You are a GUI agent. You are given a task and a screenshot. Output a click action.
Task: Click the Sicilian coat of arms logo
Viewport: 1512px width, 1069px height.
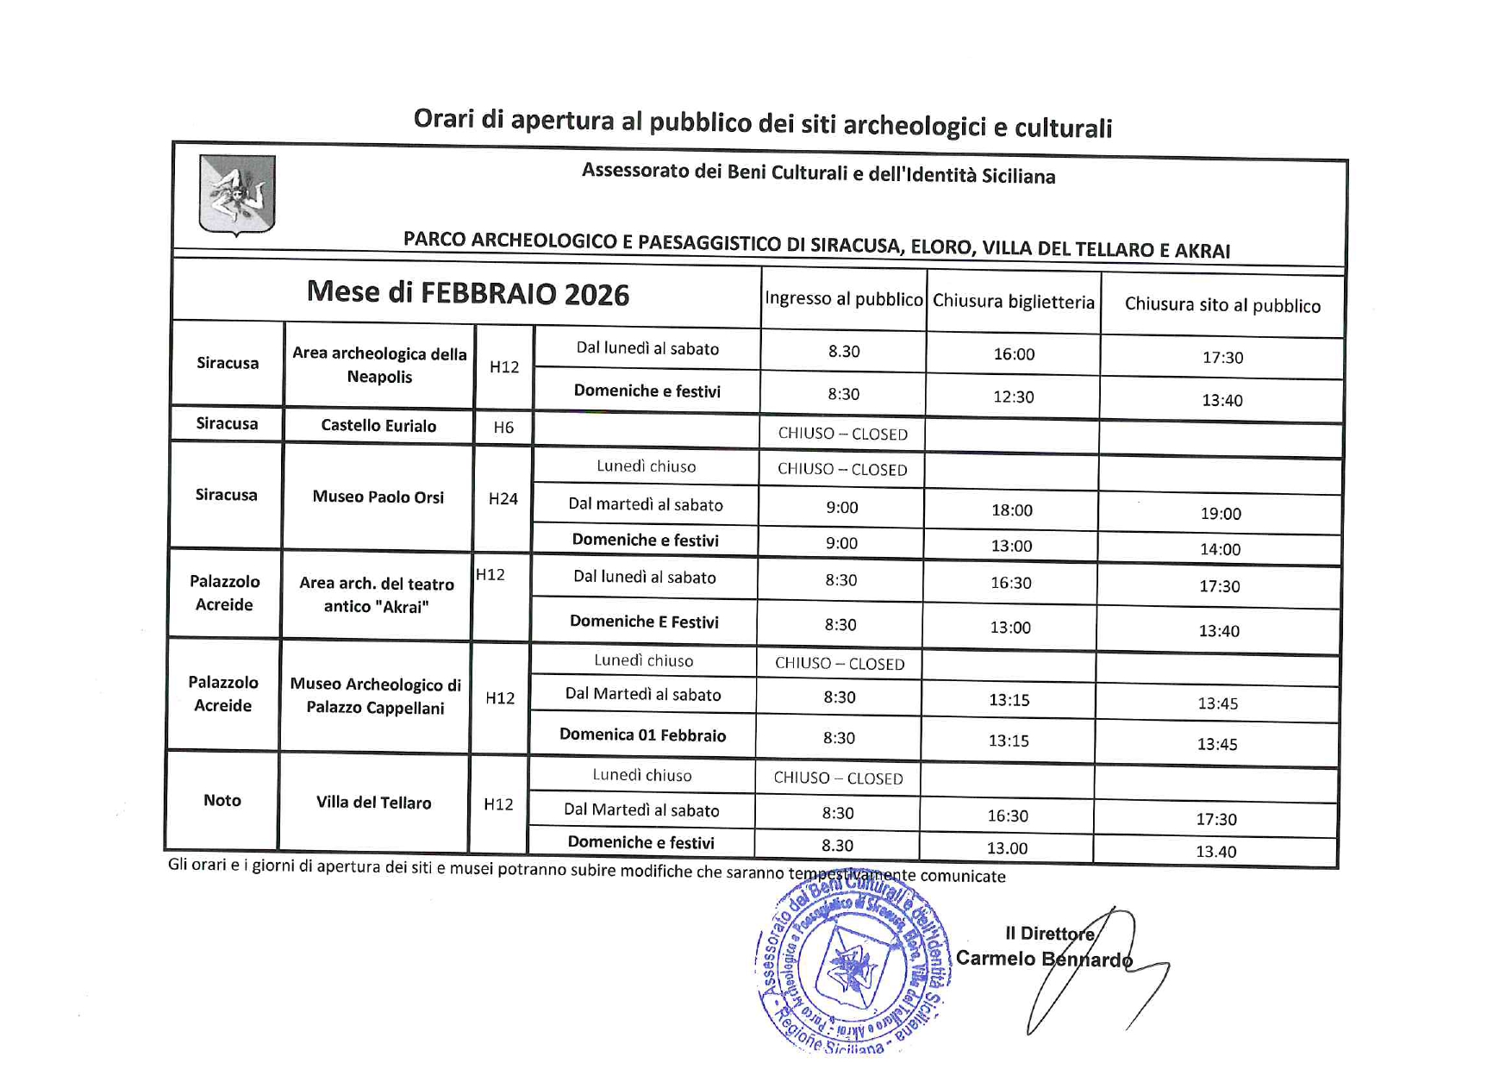click(237, 195)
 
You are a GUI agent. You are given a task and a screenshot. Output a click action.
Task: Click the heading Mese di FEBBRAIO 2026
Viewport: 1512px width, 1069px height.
click(468, 294)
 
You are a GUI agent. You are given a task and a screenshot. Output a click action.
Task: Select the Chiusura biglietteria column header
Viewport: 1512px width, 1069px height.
click(1013, 302)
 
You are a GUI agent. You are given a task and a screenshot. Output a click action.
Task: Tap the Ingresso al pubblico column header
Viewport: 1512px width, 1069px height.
click(843, 299)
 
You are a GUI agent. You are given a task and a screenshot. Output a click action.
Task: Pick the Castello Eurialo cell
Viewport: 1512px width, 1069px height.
click(378, 426)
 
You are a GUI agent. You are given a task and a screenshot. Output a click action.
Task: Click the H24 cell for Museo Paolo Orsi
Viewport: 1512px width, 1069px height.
click(503, 498)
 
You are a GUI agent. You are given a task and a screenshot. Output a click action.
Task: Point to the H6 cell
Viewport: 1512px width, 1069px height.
click(503, 428)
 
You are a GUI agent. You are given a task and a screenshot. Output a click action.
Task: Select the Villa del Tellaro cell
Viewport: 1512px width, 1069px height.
click(373, 803)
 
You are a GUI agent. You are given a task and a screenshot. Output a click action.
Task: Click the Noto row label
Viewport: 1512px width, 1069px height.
click(222, 801)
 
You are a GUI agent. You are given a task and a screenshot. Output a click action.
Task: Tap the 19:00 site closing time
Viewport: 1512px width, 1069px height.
click(1221, 514)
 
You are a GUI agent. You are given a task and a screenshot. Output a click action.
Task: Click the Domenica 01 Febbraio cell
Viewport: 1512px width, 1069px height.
click(642, 735)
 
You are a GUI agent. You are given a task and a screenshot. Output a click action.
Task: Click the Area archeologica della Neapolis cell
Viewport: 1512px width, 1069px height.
click(379, 366)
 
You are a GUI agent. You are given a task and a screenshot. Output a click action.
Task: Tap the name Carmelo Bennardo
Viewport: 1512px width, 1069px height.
click(1043, 959)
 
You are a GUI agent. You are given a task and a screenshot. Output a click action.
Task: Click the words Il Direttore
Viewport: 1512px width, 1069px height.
click(1049, 934)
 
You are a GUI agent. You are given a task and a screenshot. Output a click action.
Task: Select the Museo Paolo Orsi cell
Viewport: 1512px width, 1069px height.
click(378, 497)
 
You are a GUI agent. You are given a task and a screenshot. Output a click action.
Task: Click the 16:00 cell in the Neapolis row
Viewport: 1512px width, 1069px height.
click(1014, 354)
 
